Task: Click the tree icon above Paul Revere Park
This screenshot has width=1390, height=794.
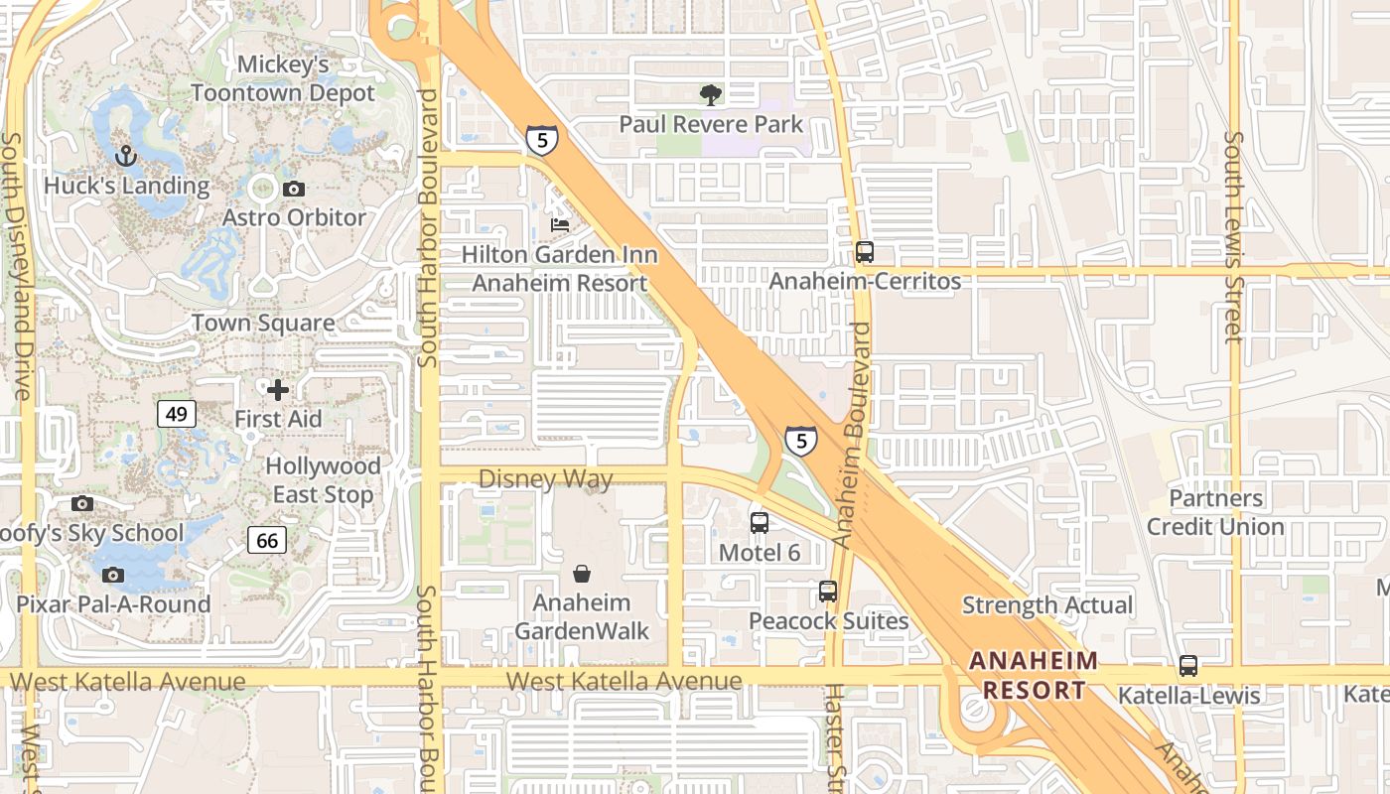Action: pyautogui.click(x=710, y=95)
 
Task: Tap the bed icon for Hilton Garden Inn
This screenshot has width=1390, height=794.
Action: pyautogui.click(x=560, y=225)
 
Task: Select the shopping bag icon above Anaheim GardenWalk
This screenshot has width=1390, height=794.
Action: pyautogui.click(x=582, y=574)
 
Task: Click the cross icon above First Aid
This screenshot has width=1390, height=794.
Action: pyautogui.click(x=278, y=389)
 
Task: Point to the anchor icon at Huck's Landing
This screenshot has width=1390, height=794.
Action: pyautogui.click(x=126, y=156)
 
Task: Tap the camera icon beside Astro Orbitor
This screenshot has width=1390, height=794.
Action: pyautogui.click(x=293, y=189)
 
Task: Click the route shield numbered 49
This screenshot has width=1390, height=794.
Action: pyautogui.click(x=177, y=414)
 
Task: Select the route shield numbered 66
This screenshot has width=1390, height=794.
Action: pyautogui.click(x=266, y=540)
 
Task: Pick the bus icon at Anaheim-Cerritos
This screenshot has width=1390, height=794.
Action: pyautogui.click(x=865, y=252)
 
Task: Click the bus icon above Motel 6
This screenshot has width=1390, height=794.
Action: pyautogui.click(x=760, y=523)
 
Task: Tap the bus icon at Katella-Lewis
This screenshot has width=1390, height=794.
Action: pyautogui.click(x=1188, y=666)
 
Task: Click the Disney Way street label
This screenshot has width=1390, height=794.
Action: pyautogui.click(x=545, y=479)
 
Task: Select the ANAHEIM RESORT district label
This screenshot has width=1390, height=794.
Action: pyautogui.click(x=1034, y=675)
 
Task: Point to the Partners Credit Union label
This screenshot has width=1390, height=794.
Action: pyautogui.click(x=1215, y=512)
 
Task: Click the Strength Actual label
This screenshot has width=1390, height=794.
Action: pyautogui.click(x=1046, y=605)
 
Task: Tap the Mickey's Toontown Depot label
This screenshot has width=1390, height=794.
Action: pyautogui.click(x=283, y=79)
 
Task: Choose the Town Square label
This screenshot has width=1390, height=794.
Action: pyautogui.click(x=263, y=324)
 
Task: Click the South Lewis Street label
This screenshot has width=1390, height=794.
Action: pyautogui.click(x=1234, y=238)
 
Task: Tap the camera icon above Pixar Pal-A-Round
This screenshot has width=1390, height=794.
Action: pyautogui.click(x=113, y=575)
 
